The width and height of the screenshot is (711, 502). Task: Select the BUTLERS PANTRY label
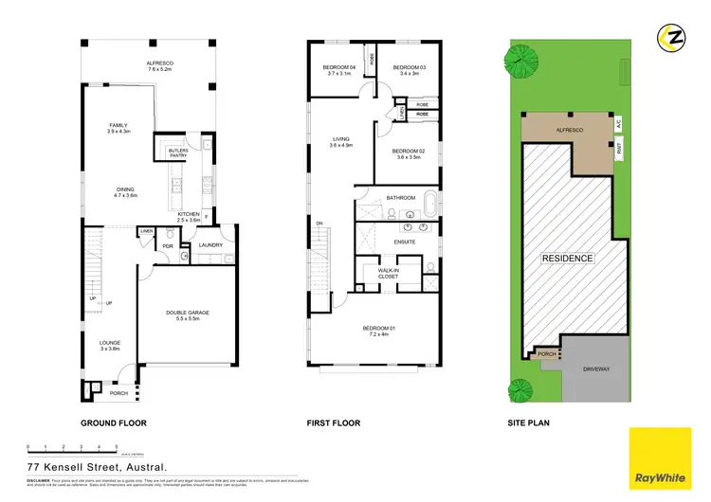tap(177, 152)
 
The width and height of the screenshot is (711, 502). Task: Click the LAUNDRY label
tap(210, 245)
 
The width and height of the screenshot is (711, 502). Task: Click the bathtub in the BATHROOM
tap(429, 204)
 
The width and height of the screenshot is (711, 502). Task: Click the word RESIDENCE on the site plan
tap(567, 258)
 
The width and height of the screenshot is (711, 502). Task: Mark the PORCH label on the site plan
tap(547, 354)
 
